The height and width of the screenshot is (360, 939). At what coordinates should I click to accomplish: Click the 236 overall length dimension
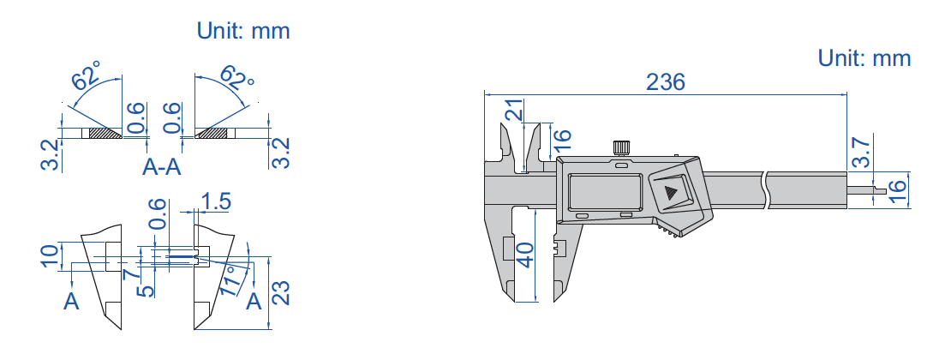point(665,82)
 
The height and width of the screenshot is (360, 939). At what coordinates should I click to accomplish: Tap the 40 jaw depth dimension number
point(524,255)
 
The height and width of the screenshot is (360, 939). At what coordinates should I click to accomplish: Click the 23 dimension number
point(281,291)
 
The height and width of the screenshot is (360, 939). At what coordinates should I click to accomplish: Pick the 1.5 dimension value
point(216,202)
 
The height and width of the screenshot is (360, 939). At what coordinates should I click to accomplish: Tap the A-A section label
point(162,167)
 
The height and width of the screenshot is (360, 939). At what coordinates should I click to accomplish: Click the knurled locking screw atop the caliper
point(621,147)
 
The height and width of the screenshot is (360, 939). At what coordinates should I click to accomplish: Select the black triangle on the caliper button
point(670,193)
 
